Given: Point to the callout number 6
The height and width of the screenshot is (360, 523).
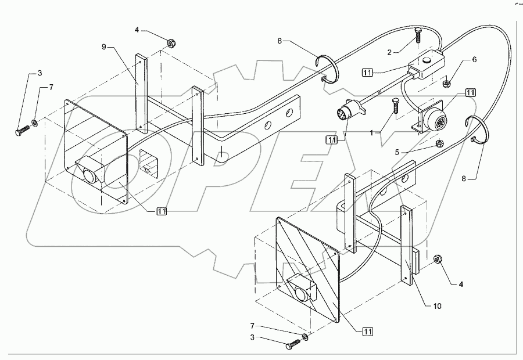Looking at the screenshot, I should pyautogui.click(x=474, y=59).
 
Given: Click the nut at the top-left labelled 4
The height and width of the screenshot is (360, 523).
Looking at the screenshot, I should pyautogui.click(x=171, y=43).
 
